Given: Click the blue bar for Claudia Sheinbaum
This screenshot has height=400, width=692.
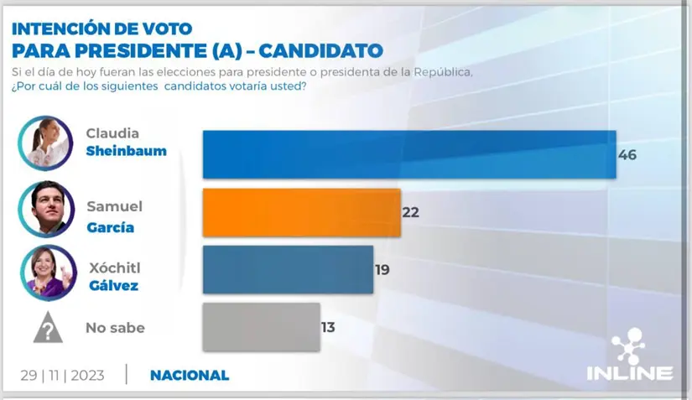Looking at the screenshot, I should (x=409, y=154).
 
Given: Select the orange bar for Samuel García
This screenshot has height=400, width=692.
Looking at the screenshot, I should (x=302, y=212).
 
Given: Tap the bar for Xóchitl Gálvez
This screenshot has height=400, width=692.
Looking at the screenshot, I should (x=288, y=269).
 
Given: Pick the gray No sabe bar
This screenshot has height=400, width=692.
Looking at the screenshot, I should (x=261, y=327).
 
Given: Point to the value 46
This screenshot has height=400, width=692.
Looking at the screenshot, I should (x=627, y=155).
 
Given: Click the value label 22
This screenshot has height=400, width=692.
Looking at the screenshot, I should (x=410, y=212).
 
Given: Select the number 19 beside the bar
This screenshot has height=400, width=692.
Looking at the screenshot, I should (x=382, y=270).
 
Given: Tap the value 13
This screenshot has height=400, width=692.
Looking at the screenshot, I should (x=327, y=327).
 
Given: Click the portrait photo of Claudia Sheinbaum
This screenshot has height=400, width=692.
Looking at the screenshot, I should (x=45, y=144).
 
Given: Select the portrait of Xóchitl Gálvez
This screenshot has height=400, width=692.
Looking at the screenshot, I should (x=47, y=273).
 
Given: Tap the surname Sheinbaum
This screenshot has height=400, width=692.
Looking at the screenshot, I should (x=127, y=152).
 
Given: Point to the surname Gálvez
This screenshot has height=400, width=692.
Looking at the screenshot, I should (x=114, y=286).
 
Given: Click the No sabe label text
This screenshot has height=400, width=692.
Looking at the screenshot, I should (x=115, y=328).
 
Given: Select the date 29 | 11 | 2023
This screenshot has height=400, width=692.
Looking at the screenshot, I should (x=62, y=375).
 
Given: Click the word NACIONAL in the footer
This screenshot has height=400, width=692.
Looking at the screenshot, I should (x=190, y=375).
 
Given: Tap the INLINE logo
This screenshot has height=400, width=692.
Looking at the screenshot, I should (x=628, y=360).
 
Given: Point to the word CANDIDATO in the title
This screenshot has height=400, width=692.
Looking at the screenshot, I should (x=320, y=50).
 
